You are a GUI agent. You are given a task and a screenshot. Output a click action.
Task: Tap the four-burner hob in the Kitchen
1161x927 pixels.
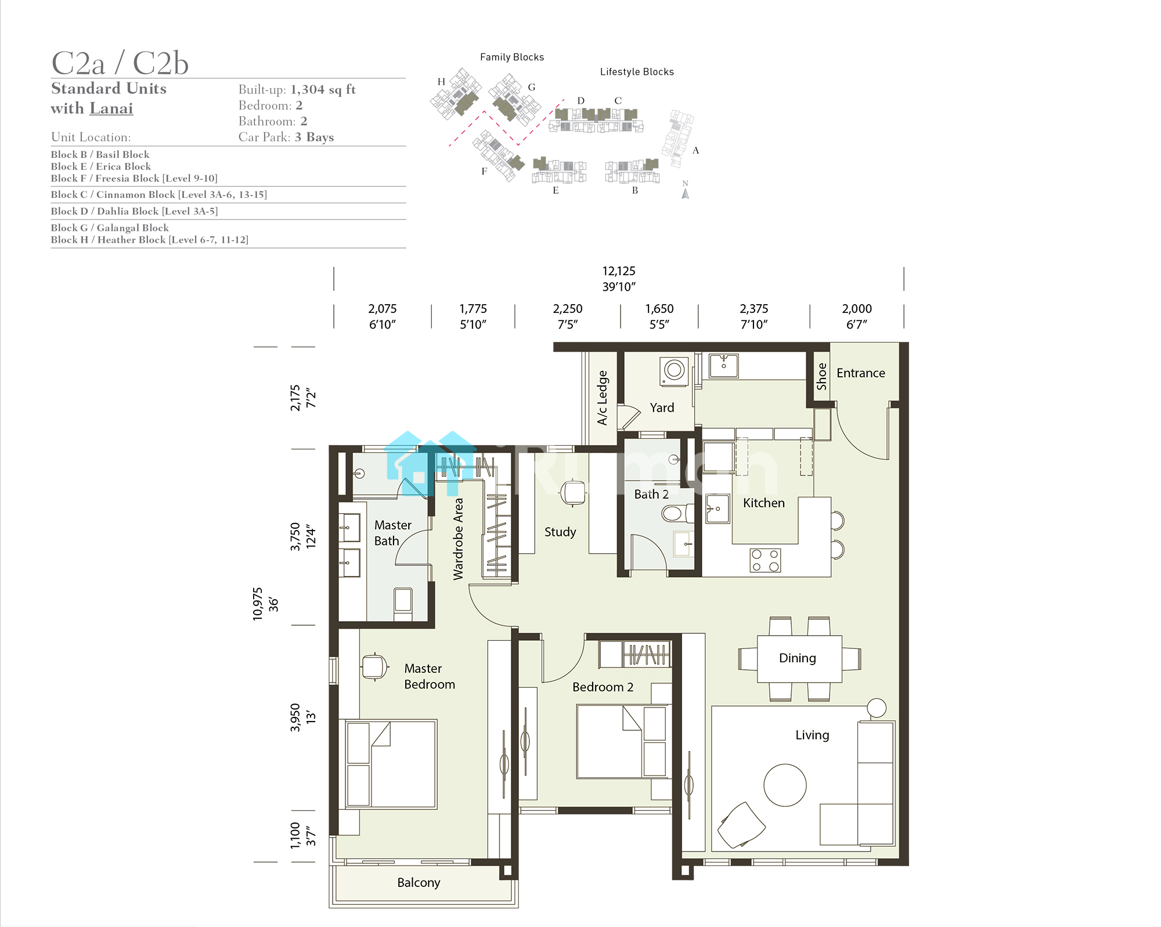pyautogui.click(x=765, y=560)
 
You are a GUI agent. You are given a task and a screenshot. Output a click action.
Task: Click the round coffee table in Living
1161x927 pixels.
pyautogui.click(x=785, y=785)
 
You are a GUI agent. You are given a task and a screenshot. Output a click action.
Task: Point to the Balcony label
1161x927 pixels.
pyautogui.click(x=419, y=882)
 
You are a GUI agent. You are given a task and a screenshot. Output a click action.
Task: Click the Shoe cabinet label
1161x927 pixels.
pyautogui.click(x=821, y=376)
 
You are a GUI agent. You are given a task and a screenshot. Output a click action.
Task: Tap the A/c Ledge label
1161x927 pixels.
pyautogui.click(x=603, y=398)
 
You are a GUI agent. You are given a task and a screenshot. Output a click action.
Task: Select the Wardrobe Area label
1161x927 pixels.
pyautogui.click(x=458, y=539)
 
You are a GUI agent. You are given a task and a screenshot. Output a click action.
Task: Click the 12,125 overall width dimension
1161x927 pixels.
pyautogui.click(x=619, y=271)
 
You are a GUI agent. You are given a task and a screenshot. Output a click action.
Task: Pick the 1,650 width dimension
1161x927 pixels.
pyautogui.click(x=659, y=309)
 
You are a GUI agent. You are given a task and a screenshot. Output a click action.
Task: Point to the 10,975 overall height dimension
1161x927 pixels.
pyautogui.click(x=257, y=604)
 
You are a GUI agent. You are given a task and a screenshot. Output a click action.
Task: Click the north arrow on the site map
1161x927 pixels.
pyautogui.click(x=686, y=193)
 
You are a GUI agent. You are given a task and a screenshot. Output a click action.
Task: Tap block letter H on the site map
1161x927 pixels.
pyautogui.click(x=441, y=82)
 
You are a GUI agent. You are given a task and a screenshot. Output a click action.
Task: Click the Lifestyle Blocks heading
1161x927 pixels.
pyautogui.click(x=637, y=72)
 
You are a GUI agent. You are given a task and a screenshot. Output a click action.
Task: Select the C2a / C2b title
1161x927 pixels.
pyautogui.click(x=120, y=63)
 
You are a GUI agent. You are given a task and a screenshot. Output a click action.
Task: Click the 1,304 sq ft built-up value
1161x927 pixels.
pyautogui.click(x=323, y=89)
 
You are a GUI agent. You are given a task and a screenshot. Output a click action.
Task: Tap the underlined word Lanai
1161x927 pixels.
pyautogui.click(x=111, y=109)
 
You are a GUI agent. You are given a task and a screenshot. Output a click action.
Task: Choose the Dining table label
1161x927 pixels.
pyautogui.click(x=797, y=658)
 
